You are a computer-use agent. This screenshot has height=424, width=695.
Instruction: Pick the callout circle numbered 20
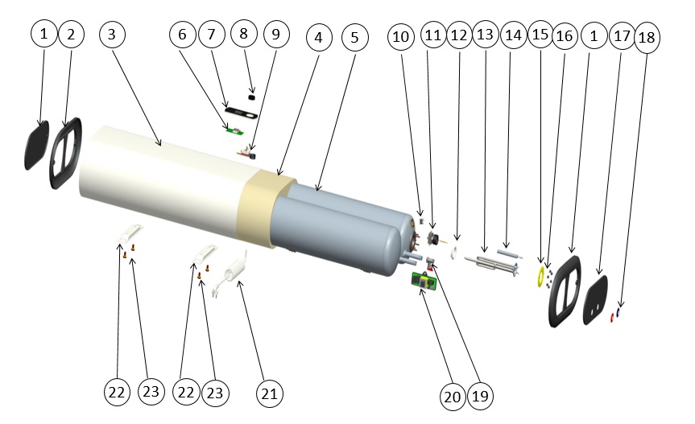(453, 395)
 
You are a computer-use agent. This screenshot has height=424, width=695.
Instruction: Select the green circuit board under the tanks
(424, 283)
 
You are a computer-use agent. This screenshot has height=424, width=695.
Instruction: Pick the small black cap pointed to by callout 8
(252, 96)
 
